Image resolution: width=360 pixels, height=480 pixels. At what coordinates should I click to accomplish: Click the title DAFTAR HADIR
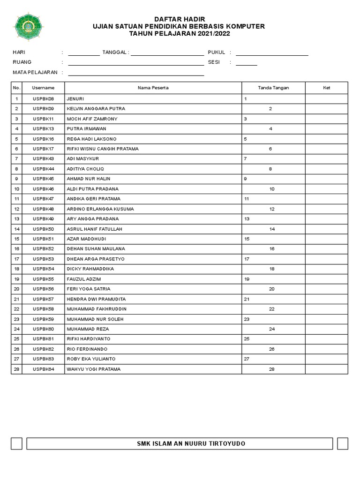(180, 18)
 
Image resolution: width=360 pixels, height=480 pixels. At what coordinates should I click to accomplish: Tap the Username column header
(43, 88)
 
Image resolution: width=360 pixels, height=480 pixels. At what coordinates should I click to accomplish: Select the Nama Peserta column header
(153, 88)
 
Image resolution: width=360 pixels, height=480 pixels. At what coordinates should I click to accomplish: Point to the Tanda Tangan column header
(273, 88)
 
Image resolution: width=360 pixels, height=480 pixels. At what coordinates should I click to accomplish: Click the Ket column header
(326, 88)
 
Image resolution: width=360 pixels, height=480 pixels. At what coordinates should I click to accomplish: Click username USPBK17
(43, 149)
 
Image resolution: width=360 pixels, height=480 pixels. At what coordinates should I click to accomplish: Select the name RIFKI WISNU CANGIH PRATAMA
(103, 149)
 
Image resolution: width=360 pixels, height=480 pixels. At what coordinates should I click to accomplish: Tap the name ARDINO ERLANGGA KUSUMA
(100, 209)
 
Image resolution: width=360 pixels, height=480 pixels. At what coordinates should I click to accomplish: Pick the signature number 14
(271, 229)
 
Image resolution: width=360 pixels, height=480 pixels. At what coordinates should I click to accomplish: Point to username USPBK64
(43, 369)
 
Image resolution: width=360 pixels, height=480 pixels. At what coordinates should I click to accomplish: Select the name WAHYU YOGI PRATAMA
(94, 369)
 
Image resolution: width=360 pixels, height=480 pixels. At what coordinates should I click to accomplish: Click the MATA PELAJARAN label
(35, 72)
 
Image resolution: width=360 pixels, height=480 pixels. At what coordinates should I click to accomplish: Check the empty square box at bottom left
(17, 443)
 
